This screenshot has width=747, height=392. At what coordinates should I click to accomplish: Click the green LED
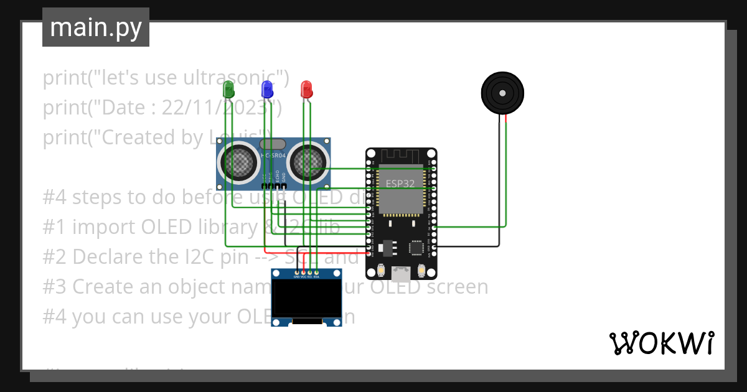point(228,89)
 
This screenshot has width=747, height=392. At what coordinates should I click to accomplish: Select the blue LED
point(267,89)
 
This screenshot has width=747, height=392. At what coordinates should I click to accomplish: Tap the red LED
point(306,89)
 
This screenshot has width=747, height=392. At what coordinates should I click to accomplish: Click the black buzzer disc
point(502,93)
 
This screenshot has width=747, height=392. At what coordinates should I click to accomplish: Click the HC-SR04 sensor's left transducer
point(238,163)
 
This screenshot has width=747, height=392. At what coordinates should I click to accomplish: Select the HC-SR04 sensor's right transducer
point(308,163)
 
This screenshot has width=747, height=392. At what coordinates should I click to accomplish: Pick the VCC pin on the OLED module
point(303,272)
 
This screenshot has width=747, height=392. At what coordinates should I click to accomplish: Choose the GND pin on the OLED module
point(296,272)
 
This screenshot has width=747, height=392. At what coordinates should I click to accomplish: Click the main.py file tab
point(96,28)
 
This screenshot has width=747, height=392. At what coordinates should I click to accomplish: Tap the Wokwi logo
point(661,343)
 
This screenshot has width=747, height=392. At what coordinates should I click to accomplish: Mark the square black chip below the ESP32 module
point(418,247)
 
